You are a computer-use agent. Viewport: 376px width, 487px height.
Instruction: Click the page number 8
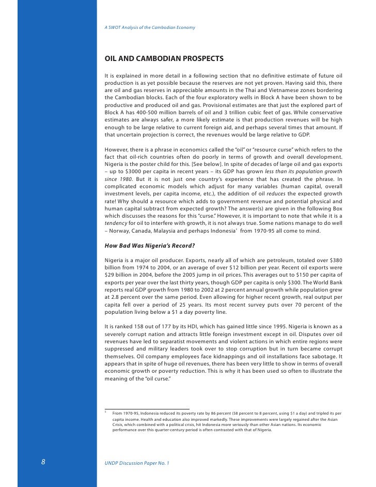click(x=44, y=463)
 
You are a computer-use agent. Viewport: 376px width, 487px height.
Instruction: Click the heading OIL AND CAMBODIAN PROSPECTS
click(x=164, y=58)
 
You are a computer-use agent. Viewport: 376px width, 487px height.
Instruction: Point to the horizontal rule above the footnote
click(x=147, y=409)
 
